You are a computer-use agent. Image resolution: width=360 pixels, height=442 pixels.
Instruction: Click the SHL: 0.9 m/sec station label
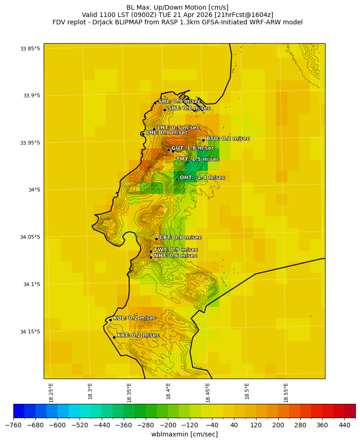coord(179,102)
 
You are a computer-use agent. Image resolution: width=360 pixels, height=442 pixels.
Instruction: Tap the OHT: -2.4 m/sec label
coord(202,178)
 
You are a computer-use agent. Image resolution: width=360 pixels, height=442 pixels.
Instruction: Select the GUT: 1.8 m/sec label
coord(193,148)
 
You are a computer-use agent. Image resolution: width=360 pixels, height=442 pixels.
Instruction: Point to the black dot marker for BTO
coord(203,140)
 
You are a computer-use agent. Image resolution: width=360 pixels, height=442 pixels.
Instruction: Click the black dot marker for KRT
coord(114,337)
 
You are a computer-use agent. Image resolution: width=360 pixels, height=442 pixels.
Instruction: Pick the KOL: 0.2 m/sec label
coord(135,318)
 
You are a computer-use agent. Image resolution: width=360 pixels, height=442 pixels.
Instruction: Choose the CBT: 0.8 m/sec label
coord(180,238)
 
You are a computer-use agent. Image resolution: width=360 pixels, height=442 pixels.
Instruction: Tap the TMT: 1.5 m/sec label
coord(198,159)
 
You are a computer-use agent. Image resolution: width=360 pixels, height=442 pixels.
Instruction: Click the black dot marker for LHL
coord(143,134)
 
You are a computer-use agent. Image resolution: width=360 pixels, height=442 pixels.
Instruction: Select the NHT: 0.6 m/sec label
coord(175,256)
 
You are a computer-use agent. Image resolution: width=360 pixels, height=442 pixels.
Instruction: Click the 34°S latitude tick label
coord(33,190)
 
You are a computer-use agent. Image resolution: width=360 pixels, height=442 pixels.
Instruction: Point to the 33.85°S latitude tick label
coord(30,49)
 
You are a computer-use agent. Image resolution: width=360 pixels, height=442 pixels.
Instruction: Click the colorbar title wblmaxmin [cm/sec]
coord(184,434)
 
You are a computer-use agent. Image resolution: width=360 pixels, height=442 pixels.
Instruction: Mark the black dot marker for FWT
coord(151,251)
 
